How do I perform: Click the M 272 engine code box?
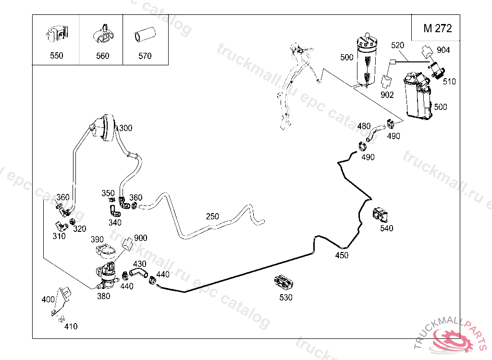437,28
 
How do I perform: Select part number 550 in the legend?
56,56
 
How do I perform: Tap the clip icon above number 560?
102,32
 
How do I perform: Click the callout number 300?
125,128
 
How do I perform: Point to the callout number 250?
212,216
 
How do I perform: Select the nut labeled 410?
61,319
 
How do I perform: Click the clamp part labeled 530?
283,282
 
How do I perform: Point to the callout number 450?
342,255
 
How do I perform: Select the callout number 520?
398,46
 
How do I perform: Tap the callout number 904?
443,50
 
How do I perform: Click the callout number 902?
387,95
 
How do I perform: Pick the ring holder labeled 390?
106,251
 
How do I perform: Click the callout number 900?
141,238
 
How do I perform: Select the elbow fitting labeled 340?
113,211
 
